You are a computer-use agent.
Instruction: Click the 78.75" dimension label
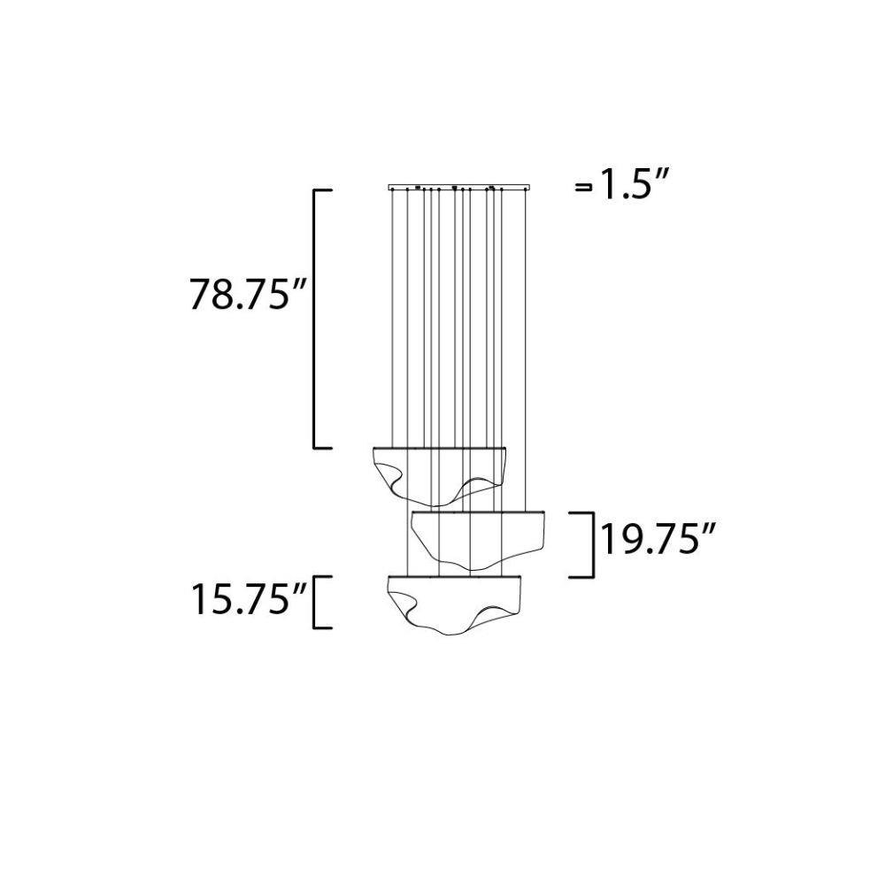coord(248,294)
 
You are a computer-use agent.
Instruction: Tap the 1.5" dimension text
coord(634,184)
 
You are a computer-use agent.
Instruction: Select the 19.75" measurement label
coord(658,540)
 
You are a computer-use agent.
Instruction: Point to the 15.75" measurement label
coord(250,599)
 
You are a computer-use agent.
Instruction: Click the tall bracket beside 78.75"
coord(315,319)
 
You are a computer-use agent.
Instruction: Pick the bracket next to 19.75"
coord(594,544)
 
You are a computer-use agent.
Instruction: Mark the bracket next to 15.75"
coord(314,602)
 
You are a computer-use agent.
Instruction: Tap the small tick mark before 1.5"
coord(583,188)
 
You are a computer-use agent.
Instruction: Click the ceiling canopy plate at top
coord(458,186)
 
